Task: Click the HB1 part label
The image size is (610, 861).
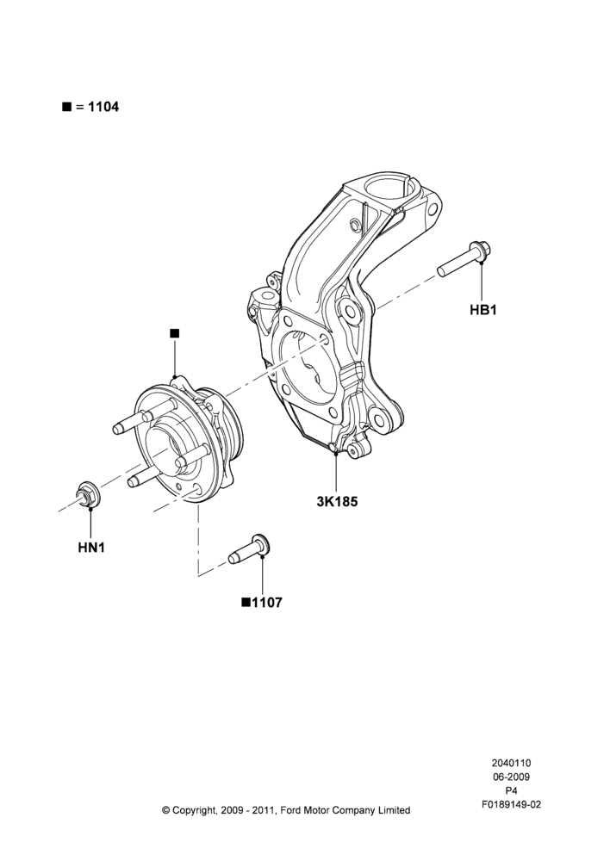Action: [x=483, y=310]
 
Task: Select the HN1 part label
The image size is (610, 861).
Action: [x=91, y=548]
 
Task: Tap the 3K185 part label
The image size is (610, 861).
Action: [x=337, y=501]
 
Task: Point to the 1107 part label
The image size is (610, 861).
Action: [x=267, y=603]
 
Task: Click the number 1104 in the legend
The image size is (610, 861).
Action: [x=103, y=107]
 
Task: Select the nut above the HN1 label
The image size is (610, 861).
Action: [x=87, y=493]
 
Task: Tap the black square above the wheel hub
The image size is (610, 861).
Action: [x=175, y=333]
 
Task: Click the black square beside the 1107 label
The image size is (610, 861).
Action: [x=246, y=603]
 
